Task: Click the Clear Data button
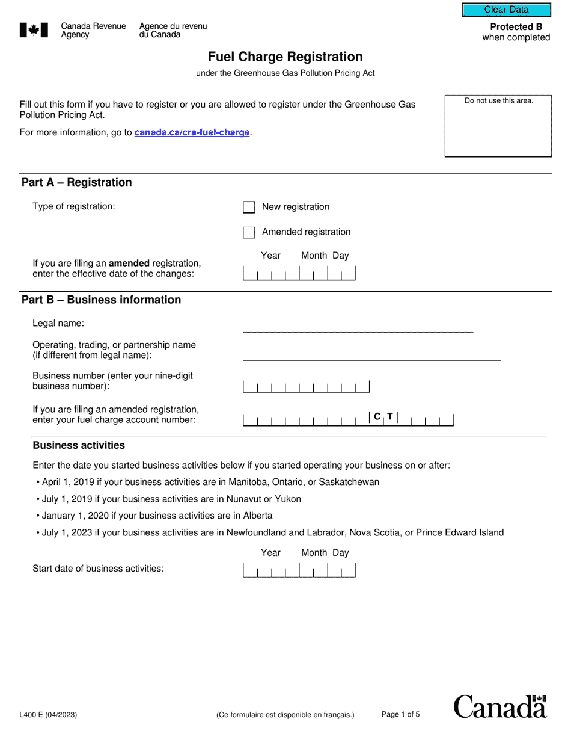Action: click(506, 10)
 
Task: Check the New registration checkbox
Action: click(249, 207)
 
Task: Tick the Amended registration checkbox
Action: click(249, 232)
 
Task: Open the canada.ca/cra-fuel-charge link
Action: click(192, 132)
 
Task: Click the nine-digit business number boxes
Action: click(306, 387)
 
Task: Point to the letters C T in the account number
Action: click(383, 416)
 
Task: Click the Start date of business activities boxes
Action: click(299, 570)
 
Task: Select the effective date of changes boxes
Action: click(299, 274)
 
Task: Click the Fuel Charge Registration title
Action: click(285, 57)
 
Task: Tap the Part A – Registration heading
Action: click(76, 182)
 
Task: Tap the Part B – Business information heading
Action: click(101, 300)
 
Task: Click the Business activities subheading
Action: click(79, 445)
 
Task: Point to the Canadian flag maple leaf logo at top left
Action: click(34, 30)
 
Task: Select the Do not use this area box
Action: click(498, 126)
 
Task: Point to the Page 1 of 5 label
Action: click(400, 714)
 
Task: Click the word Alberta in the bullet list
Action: click(257, 516)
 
